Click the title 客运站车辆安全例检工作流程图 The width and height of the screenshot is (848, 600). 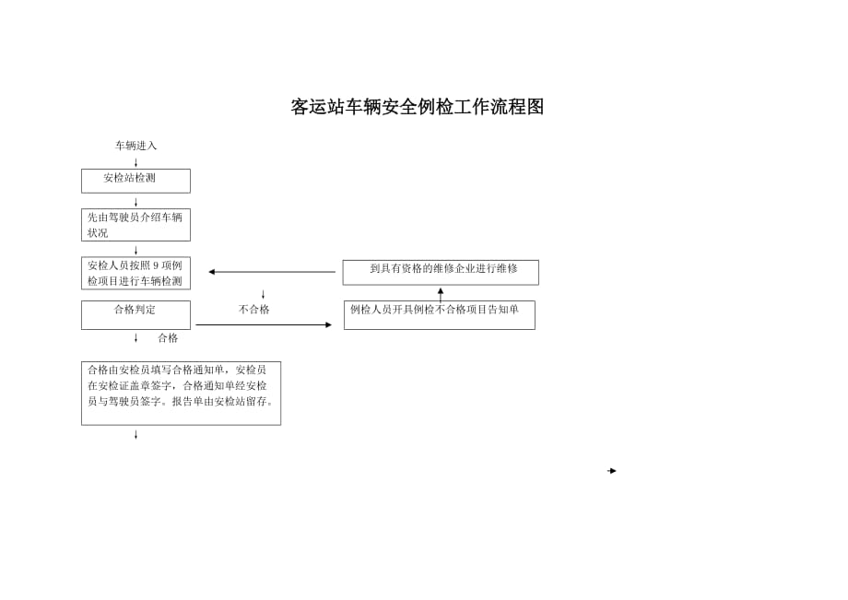417,107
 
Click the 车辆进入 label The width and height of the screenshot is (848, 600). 135,146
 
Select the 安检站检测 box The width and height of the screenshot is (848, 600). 135,181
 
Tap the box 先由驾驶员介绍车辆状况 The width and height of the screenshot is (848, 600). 135,225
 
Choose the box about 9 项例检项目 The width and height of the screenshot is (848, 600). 135,273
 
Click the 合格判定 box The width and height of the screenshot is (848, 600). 135,314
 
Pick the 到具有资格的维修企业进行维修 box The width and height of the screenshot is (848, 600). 441,273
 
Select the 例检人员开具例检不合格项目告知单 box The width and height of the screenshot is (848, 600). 440,314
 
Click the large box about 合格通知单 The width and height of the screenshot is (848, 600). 182,393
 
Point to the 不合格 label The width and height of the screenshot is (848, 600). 254,309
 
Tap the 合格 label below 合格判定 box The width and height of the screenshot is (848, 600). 168,338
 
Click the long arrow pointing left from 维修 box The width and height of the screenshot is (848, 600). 272,272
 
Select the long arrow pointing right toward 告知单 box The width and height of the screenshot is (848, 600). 264,324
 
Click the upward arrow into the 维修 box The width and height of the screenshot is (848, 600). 441,295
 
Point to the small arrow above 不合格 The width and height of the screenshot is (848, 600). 264,295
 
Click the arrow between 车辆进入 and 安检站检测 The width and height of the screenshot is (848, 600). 135,162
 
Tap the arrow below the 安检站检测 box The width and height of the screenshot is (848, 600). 135,202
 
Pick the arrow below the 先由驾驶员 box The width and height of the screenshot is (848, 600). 135,251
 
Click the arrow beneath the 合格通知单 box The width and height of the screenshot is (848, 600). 135,435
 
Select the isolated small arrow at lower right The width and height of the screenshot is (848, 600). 612,471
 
